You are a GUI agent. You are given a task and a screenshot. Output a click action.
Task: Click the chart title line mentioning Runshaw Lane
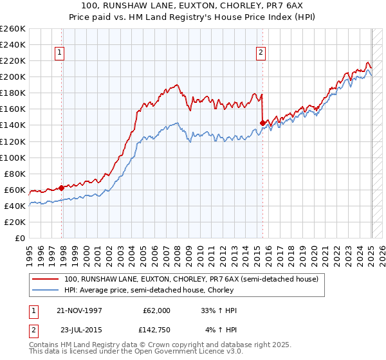[x=192, y=6]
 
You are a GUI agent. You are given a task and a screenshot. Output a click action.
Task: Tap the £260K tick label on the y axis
[x=13, y=29]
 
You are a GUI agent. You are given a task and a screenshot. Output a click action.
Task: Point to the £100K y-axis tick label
[x=13, y=157]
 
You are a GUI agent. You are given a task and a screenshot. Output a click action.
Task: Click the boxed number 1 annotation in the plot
[x=59, y=53]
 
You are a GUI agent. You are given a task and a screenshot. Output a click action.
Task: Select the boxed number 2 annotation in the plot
[x=261, y=53]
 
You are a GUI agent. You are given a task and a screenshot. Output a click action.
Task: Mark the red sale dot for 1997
[x=61, y=188]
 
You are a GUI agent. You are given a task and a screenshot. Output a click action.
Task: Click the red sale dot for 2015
[x=262, y=123]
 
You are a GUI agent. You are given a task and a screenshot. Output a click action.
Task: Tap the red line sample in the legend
[x=46, y=279]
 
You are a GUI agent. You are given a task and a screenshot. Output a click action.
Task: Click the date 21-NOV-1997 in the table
[x=84, y=310]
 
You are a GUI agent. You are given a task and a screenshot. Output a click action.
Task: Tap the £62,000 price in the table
[x=156, y=310]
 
